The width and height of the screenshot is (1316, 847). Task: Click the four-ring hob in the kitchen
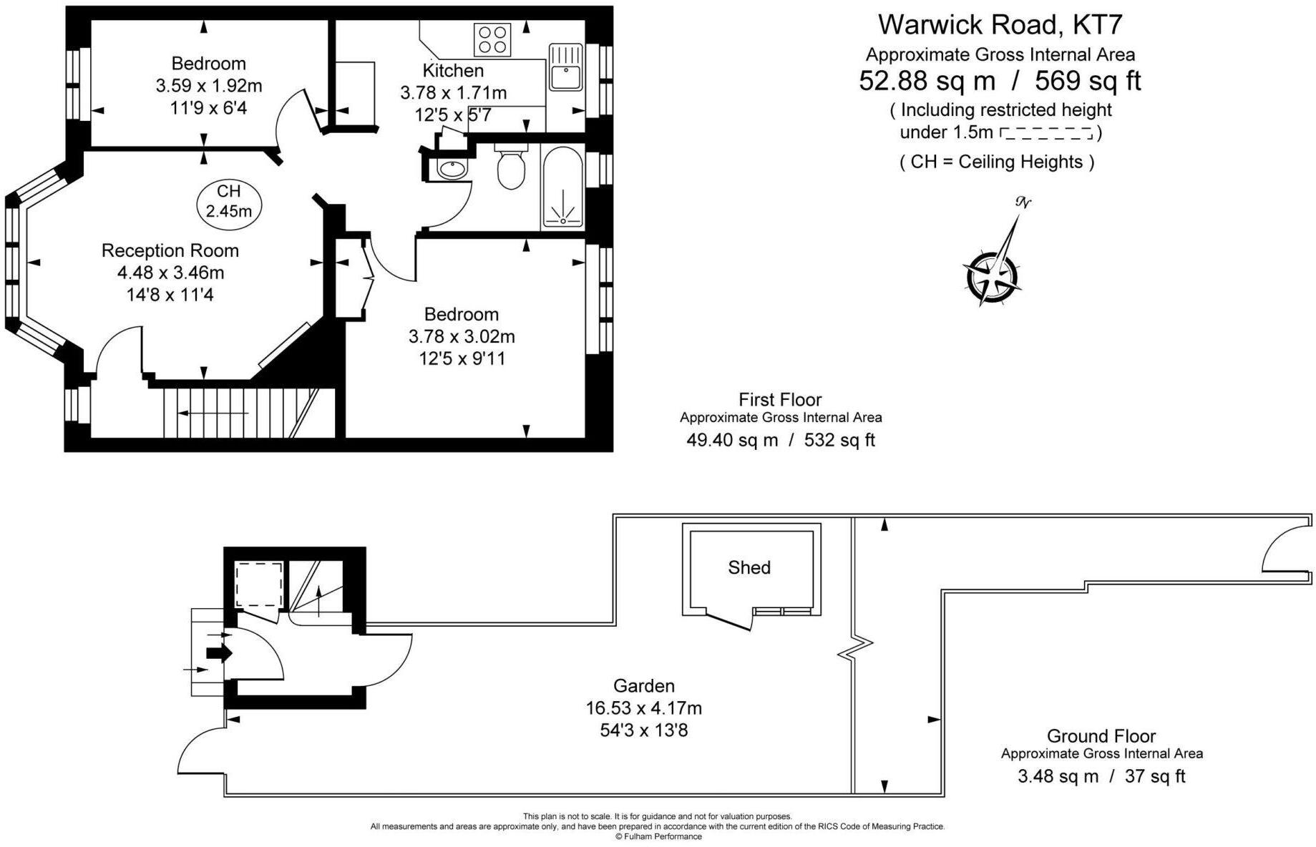(492, 39)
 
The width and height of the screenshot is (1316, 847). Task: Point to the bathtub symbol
(562, 187)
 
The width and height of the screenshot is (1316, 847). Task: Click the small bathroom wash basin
(452, 170)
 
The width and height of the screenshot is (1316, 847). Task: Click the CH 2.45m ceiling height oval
(229, 201)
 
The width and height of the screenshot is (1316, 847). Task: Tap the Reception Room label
(170, 250)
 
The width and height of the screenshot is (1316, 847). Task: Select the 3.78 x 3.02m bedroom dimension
(462, 336)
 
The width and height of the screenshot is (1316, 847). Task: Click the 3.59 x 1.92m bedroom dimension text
(209, 86)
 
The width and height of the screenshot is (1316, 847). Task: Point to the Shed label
(749, 567)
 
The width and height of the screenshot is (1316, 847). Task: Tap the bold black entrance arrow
(220, 652)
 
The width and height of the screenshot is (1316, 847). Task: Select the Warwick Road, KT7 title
(1000, 25)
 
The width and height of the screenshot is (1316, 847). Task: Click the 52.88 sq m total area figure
(927, 81)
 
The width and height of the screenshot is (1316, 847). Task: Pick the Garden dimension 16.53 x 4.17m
(643, 708)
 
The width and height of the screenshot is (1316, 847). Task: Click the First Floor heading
(780, 399)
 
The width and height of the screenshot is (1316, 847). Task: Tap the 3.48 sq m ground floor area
(1058, 776)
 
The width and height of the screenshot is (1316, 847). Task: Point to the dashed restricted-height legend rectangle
(1046, 133)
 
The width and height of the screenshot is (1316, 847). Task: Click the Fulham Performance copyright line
(658, 836)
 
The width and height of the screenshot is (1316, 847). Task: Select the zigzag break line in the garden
(855, 648)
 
